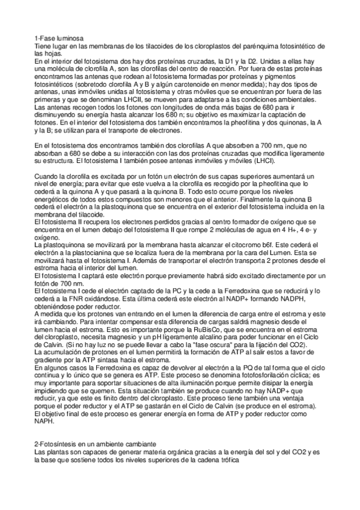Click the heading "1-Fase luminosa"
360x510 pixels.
(x=58, y=37)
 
